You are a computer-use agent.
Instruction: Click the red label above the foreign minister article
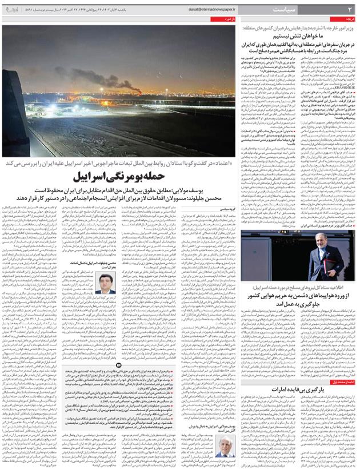(x=347, y=19)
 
